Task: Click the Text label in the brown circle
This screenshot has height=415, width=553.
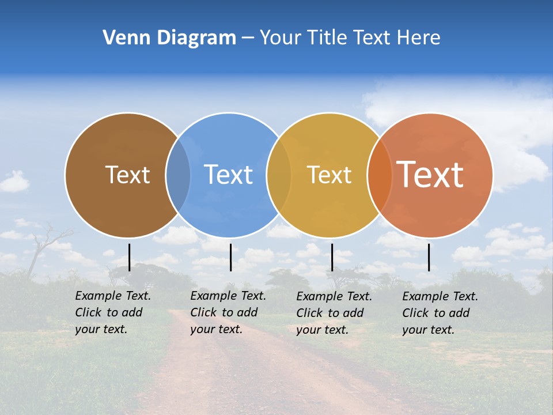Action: click(x=127, y=175)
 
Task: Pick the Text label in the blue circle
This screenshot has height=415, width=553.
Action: click(x=228, y=175)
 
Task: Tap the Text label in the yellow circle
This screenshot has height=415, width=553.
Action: click(x=329, y=175)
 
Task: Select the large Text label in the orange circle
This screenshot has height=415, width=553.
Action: click(x=430, y=175)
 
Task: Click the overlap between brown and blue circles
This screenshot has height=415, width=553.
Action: click(x=178, y=175)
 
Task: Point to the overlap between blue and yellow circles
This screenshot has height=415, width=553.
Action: click(x=279, y=175)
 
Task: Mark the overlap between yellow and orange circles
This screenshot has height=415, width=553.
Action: click(x=379, y=175)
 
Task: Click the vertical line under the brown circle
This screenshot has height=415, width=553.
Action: click(x=129, y=257)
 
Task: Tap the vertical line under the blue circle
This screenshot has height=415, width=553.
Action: click(x=230, y=257)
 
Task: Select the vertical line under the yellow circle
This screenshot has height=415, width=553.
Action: click(x=332, y=257)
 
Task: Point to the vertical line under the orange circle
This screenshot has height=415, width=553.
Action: click(x=429, y=257)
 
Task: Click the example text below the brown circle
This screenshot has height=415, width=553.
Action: click(x=113, y=312)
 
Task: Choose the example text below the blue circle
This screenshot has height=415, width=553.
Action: click(x=228, y=312)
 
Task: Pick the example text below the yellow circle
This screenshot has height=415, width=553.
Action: click(x=334, y=313)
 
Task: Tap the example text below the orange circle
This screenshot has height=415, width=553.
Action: click(x=440, y=313)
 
